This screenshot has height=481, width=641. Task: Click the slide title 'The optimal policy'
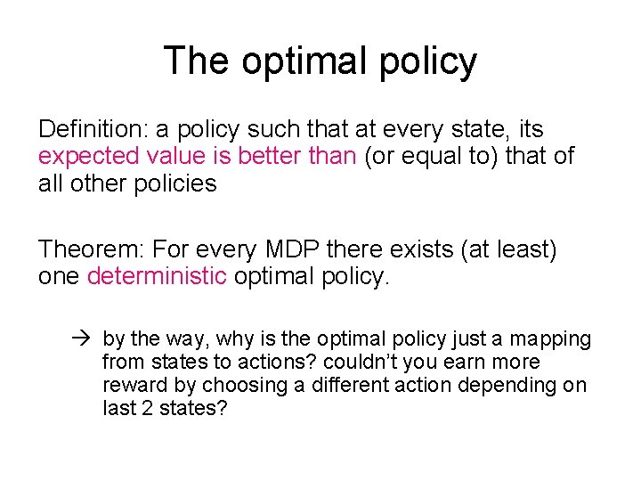coord(320,61)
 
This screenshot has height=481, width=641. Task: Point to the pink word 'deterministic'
coord(157,277)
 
